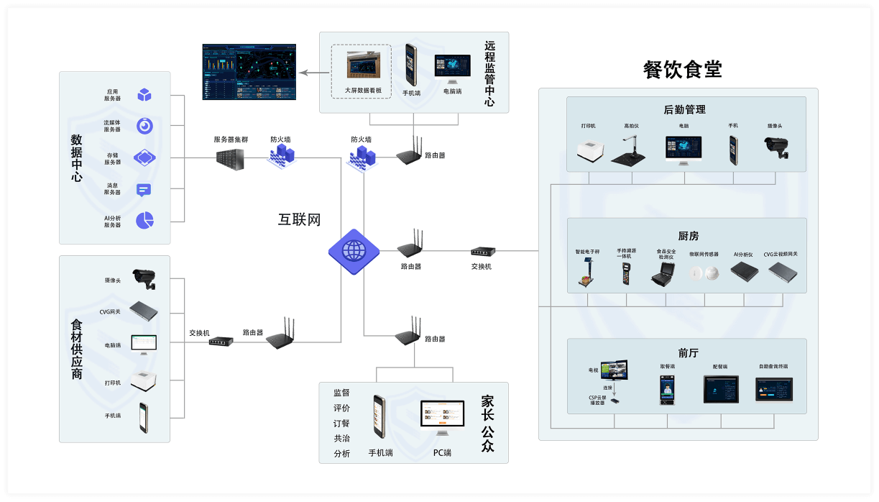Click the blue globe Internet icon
tap(354, 251)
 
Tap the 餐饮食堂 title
tap(682, 70)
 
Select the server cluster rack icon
tap(230, 159)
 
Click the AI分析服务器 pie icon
tap(144, 219)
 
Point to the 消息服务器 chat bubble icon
tap(144, 190)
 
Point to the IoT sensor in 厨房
tap(704, 274)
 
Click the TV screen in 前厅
tap(614, 370)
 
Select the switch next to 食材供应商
tap(221, 342)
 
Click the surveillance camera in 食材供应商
tap(144, 278)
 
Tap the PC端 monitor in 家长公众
tap(441, 418)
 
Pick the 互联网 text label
tap(299, 220)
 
